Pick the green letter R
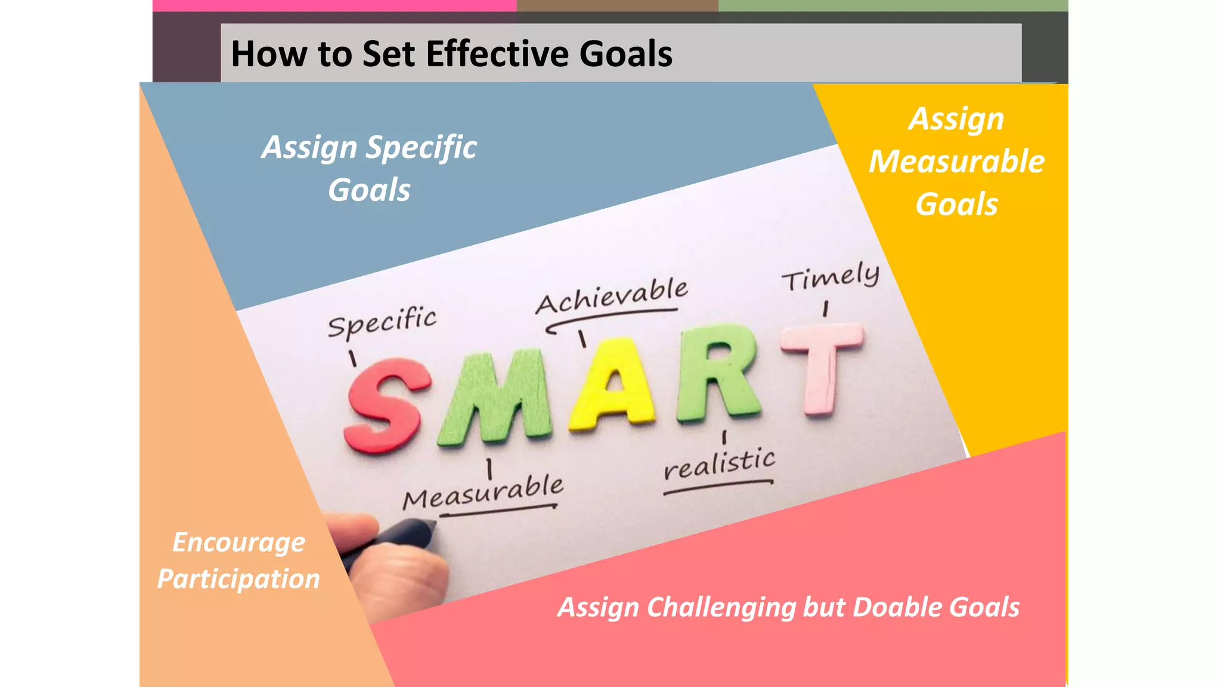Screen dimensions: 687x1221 pos(718,373)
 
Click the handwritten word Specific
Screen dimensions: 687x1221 pos(382,322)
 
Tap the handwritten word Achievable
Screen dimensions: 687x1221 pos(611,295)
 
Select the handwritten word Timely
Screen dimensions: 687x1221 pos(830,277)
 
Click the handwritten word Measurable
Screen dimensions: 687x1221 pos(483,492)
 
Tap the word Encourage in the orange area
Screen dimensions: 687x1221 pos(238,543)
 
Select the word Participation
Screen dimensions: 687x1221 pos(238,579)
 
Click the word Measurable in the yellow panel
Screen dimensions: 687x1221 pos(956,162)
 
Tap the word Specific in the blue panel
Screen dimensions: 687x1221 pos(421,147)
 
